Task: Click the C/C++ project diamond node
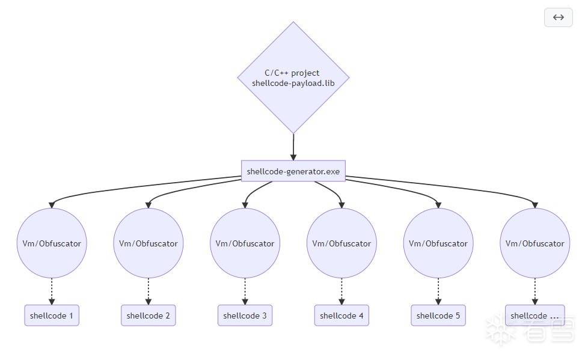click(293, 78)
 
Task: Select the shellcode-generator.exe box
click(293, 171)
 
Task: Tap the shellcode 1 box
click(52, 316)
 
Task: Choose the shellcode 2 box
click(148, 316)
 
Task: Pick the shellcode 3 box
click(245, 316)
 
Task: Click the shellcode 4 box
click(341, 316)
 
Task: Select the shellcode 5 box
click(438, 316)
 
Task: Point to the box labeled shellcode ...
click(534, 316)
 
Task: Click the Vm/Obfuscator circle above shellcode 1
click(52, 243)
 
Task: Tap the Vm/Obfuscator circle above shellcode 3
click(245, 243)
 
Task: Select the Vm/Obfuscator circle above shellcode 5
click(438, 243)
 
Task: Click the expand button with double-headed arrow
click(559, 17)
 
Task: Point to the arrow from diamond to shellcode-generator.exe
click(293, 147)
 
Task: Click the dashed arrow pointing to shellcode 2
click(148, 291)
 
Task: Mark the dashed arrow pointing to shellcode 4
click(341, 291)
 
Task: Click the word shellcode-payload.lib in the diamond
click(293, 84)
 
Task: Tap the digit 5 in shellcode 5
click(458, 316)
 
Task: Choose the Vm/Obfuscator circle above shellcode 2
click(148, 243)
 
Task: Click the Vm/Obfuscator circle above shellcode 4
click(341, 243)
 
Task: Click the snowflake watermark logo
click(501, 329)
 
